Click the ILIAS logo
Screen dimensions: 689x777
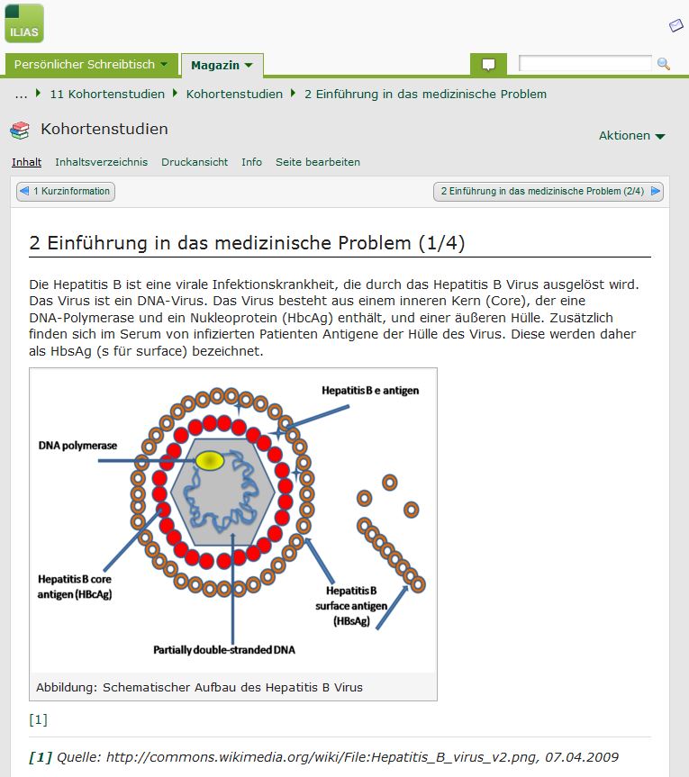tap(24, 23)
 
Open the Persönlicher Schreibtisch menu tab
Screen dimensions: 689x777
tap(91, 65)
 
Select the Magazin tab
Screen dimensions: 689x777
tap(222, 66)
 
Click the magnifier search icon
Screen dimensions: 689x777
tap(663, 64)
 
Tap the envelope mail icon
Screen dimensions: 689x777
tap(676, 25)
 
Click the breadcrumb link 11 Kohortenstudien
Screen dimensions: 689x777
tap(107, 95)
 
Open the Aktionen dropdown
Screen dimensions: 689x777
tap(631, 136)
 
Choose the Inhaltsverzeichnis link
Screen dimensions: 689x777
tap(101, 162)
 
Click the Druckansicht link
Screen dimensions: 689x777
tap(195, 162)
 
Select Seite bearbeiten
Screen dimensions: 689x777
tap(318, 162)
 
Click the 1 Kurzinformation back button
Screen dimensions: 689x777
tap(66, 191)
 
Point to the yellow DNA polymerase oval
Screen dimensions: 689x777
tap(210, 461)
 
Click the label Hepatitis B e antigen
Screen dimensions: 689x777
tap(370, 391)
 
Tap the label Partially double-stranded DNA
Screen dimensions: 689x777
tap(224, 650)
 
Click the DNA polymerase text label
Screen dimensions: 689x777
tap(77, 446)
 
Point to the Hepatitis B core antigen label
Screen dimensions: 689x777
tap(75, 587)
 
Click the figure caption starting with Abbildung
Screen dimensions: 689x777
tap(199, 687)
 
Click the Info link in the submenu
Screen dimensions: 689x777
tap(252, 162)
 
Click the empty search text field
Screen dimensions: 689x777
tap(585, 63)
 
